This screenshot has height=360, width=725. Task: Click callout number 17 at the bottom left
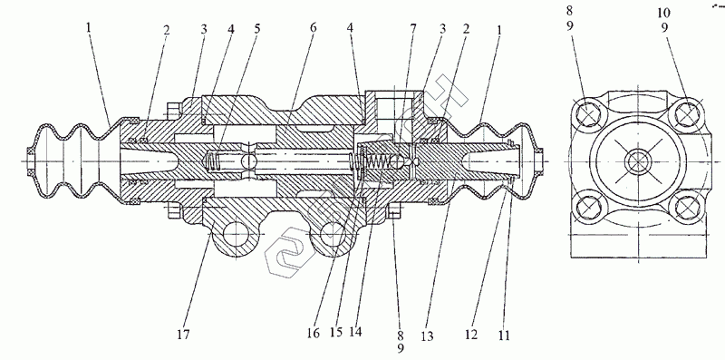[183, 334]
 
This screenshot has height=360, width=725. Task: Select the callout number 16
[313, 334]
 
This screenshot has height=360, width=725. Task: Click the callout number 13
[427, 336]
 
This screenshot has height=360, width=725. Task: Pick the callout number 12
[471, 334]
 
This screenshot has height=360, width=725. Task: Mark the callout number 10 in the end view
[664, 13]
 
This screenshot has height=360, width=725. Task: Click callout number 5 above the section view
[257, 28]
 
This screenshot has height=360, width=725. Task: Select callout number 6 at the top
[313, 27]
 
